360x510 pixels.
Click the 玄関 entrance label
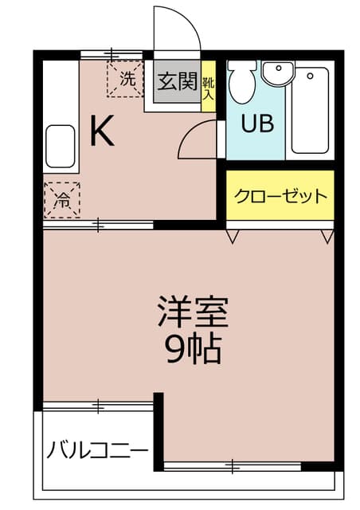click(177, 80)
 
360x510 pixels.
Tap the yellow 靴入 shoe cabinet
click(208, 86)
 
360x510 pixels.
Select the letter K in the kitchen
click(101, 131)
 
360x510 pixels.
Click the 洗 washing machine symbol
click(126, 79)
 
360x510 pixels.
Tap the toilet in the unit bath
click(241, 80)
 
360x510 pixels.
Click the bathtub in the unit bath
click(311, 112)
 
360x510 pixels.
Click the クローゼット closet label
click(280, 196)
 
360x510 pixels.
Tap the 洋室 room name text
click(193, 312)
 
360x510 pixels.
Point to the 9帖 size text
click(193, 350)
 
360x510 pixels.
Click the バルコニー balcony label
click(96, 451)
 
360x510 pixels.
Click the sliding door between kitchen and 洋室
click(98, 226)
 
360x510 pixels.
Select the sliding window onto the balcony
click(97, 406)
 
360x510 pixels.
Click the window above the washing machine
click(112, 55)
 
